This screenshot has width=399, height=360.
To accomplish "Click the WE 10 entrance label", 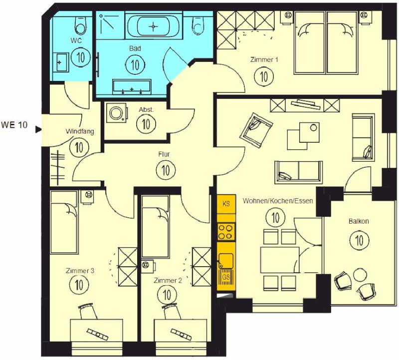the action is [x=14, y=125].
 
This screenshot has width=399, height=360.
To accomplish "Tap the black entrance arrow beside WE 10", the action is [x=38, y=129].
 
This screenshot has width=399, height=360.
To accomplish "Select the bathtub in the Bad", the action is [x=154, y=26].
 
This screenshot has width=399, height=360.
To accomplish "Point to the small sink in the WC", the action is [x=60, y=62].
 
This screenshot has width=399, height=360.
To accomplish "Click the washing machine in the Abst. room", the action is [x=117, y=113].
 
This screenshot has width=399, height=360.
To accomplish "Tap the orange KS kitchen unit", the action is [x=226, y=204].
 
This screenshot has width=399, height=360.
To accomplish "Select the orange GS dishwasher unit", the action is [x=226, y=278].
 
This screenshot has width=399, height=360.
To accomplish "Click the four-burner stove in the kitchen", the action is [x=226, y=232].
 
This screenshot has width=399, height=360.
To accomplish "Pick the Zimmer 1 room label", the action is [x=264, y=59].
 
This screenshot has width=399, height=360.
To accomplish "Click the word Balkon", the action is [x=359, y=221].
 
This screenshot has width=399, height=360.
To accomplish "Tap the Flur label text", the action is [x=164, y=154].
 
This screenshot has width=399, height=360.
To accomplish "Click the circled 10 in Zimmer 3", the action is [x=79, y=284].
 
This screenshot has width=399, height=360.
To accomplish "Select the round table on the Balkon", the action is [x=360, y=275].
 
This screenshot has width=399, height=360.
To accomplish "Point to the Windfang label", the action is [x=80, y=131].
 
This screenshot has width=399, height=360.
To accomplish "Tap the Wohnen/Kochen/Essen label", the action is [x=278, y=201].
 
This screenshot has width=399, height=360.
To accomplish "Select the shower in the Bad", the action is [x=111, y=25].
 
